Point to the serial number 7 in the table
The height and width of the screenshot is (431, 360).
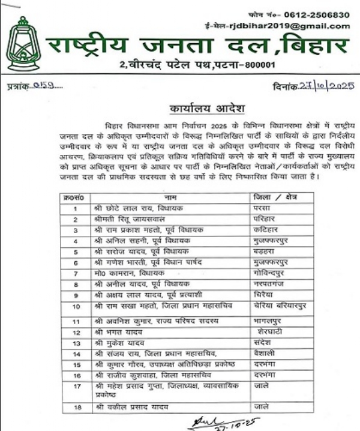[x=76, y=274]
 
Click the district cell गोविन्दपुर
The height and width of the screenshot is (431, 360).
[x=269, y=274]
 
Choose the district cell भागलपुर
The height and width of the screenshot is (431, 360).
[x=269, y=321]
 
